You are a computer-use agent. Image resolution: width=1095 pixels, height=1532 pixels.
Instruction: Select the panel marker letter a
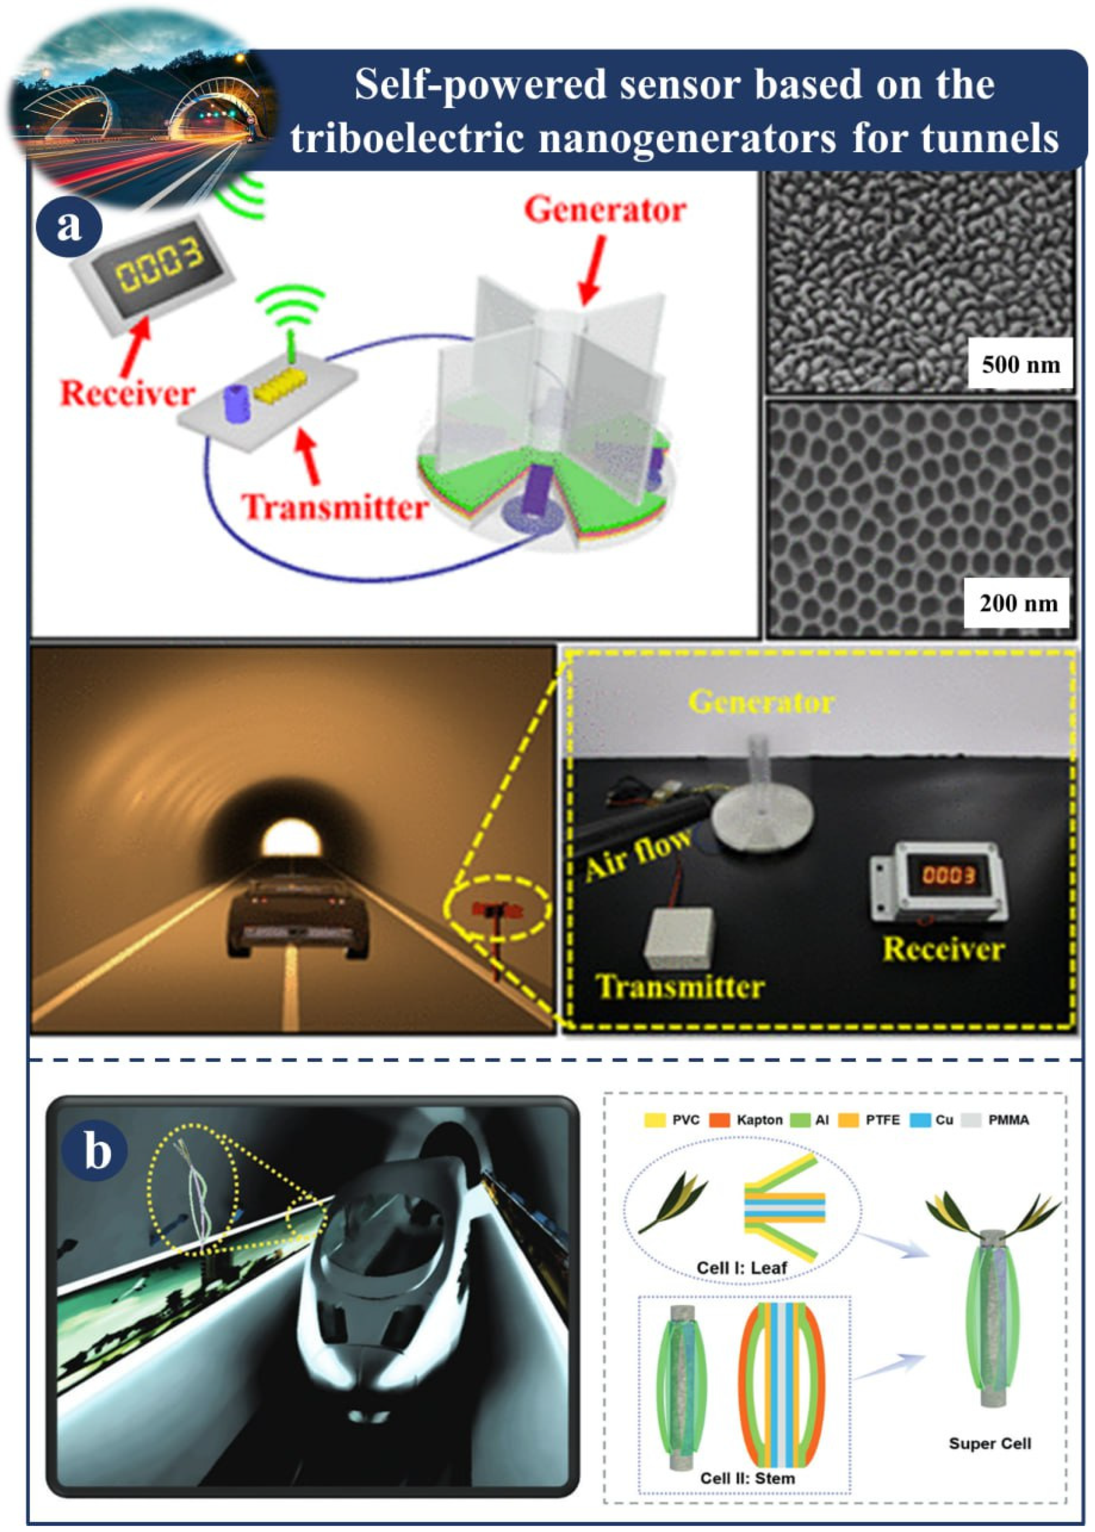[69, 226]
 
